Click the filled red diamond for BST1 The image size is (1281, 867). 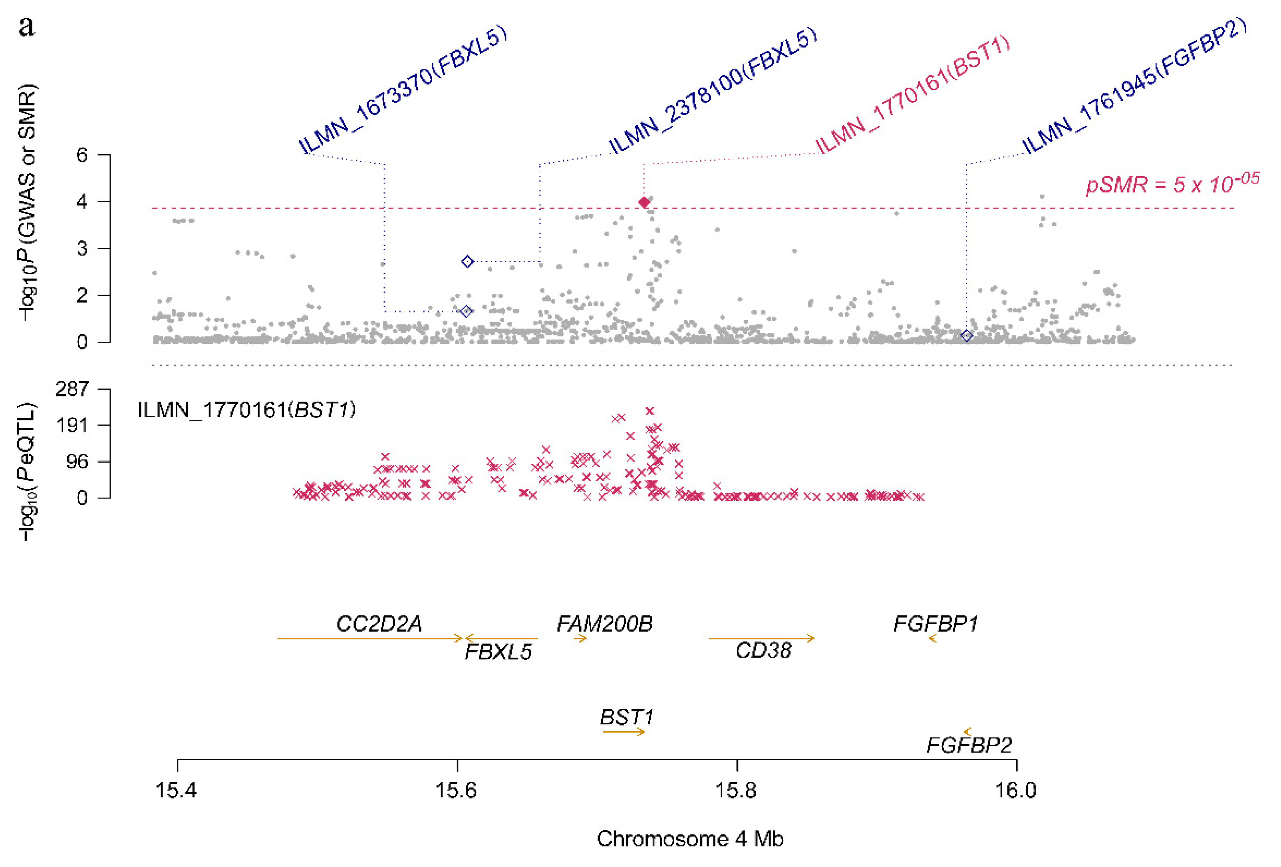click(x=644, y=202)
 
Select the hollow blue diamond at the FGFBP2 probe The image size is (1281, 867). click(x=966, y=335)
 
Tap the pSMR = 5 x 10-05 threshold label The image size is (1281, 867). click(x=1172, y=183)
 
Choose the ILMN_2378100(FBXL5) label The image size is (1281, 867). click(x=712, y=91)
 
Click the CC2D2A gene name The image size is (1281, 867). click(x=379, y=624)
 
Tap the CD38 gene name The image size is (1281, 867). click(x=763, y=650)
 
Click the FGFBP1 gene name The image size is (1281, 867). click(x=935, y=624)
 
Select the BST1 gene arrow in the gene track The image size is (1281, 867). click(x=624, y=732)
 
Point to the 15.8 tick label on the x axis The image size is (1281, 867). click(x=736, y=790)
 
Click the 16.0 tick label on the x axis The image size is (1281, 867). click(x=1015, y=790)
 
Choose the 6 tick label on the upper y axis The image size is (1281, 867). click(x=82, y=155)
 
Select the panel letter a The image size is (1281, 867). click(x=26, y=26)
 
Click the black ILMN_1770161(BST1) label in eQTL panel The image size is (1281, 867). click(x=246, y=410)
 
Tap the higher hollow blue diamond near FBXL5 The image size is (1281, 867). click(x=467, y=261)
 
